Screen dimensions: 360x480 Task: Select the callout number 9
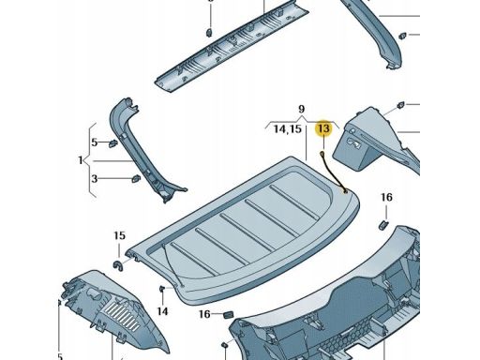(303, 110)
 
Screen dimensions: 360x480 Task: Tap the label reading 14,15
(287, 129)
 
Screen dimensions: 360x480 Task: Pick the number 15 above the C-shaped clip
(119, 236)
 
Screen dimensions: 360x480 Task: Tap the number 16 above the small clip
(385, 198)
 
